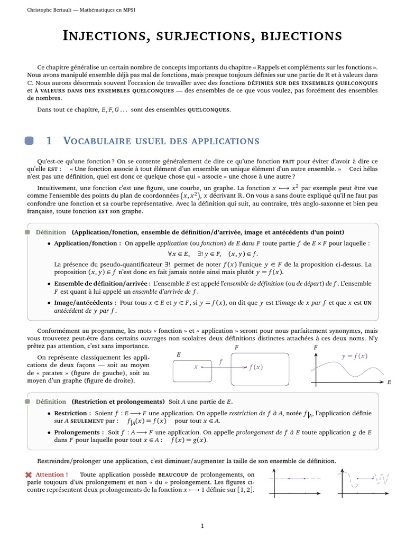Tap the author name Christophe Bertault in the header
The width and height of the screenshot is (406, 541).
click(50, 10)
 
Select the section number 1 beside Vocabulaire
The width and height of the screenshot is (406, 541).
click(49, 141)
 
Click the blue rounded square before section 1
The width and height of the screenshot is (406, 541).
click(30, 141)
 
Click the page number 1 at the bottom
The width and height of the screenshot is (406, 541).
click(202, 526)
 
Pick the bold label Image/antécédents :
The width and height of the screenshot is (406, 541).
click(85, 303)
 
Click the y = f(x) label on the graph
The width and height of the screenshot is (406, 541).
click(354, 356)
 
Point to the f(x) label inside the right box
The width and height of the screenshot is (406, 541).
click(256, 367)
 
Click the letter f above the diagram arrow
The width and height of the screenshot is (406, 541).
click(220, 361)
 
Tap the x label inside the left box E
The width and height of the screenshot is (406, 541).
click(196, 366)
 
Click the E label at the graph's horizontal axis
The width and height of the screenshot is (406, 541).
click(389, 381)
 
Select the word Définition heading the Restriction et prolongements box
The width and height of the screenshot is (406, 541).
click(51, 402)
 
